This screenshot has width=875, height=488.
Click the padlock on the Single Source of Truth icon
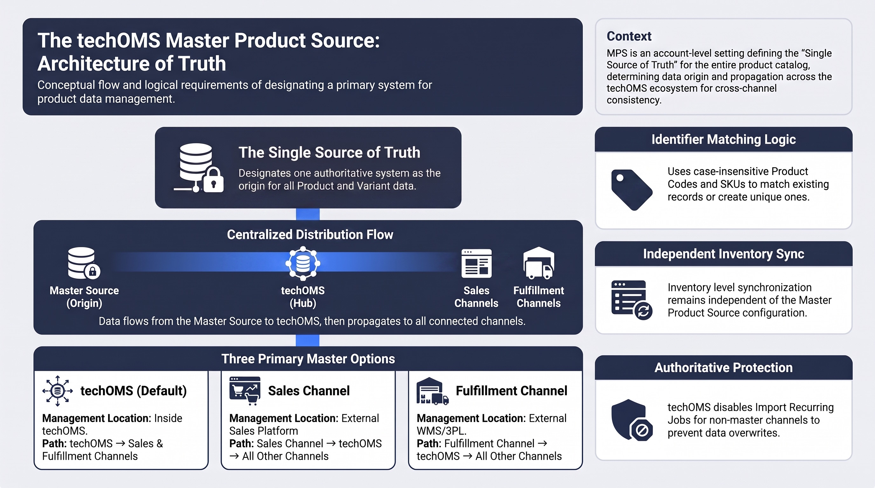tap(213, 180)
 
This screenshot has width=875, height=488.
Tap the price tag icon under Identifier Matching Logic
tap(631, 190)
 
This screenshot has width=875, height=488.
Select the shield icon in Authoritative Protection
tap(631, 420)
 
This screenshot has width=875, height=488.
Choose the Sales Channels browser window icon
tap(477, 264)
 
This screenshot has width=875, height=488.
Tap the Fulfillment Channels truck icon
tap(539, 263)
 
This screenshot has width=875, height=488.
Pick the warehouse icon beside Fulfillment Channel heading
tap(432, 391)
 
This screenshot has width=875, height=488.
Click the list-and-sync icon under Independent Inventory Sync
tap(631, 300)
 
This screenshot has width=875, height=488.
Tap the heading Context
tap(629, 36)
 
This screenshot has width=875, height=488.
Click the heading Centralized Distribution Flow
tap(310, 234)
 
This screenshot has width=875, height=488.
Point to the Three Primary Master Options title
tap(308, 359)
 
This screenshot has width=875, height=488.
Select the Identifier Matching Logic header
tap(724, 139)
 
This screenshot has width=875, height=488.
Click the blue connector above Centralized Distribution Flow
tap(308, 214)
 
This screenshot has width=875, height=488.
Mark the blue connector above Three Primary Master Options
tap(307, 340)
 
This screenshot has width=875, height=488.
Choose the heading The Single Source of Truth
tap(329, 152)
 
